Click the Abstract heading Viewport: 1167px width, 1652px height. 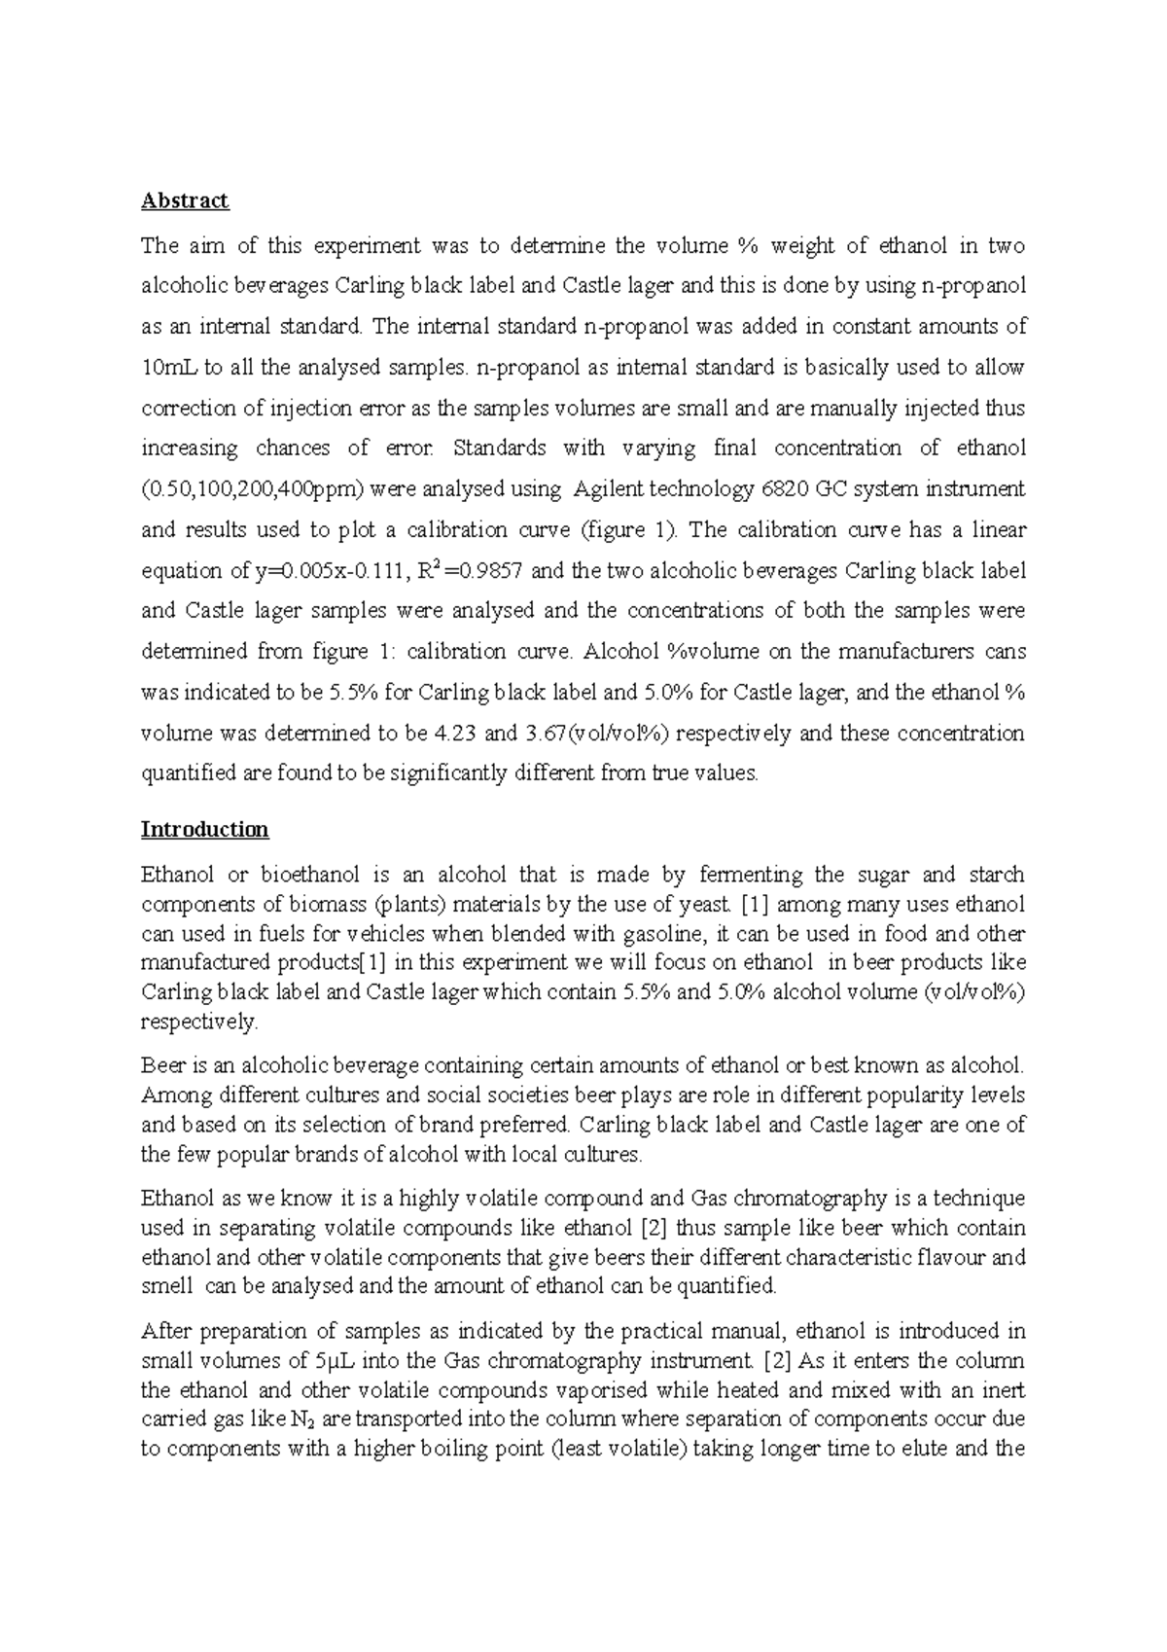pyautogui.click(x=185, y=200)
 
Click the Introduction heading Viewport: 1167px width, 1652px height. pyautogui.click(x=204, y=829)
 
